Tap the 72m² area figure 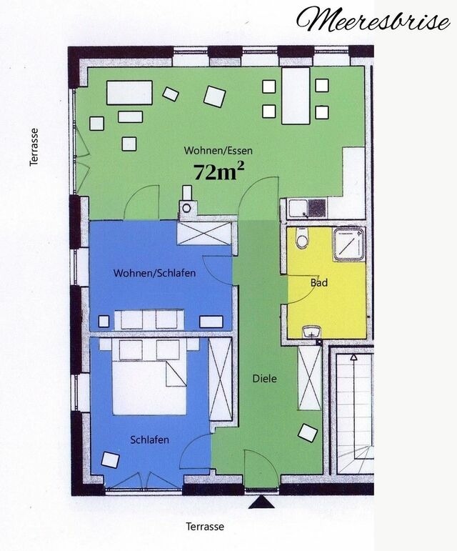click(x=219, y=172)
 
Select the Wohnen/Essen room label click(x=219, y=151)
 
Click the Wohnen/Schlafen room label click(x=154, y=273)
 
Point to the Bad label click(x=319, y=283)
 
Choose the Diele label click(x=264, y=379)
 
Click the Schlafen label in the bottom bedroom click(x=150, y=440)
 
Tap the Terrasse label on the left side click(x=34, y=147)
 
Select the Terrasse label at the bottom click(x=205, y=527)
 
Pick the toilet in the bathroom click(x=302, y=238)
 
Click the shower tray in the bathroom click(x=349, y=244)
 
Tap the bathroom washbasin click(x=311, y=332)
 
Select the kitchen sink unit click(x=307, y=209)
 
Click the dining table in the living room click(x=295, y=95)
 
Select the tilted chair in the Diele click(x=308, y=432)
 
